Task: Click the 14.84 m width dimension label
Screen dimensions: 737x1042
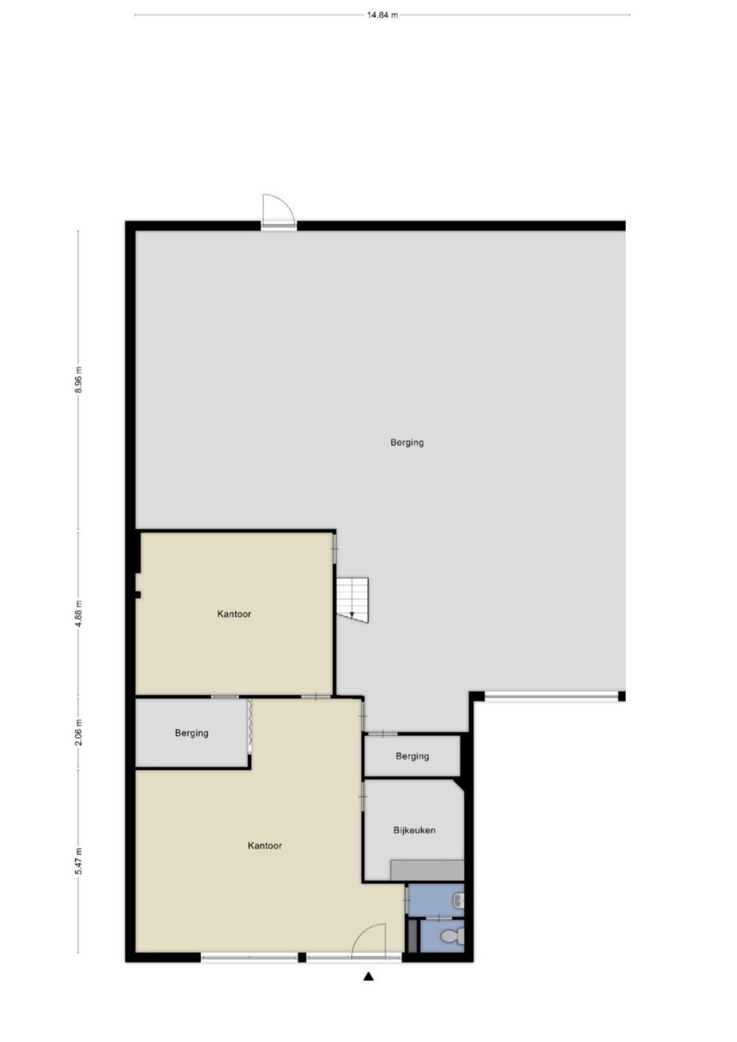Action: coord(382,15)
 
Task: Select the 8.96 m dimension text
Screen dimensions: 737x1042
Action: coord(79,381)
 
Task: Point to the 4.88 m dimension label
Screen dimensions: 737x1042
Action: coord(79,614)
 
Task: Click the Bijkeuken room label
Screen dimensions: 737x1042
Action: coord(414,830)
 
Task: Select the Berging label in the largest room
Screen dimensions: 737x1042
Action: coord(407,443)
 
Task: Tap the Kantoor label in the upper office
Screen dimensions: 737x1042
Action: coord(234,614)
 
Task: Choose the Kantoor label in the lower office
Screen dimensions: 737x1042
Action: coord(265,846)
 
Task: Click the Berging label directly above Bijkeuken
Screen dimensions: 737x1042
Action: coord(412,756)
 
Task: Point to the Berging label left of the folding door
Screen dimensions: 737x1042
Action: coord(192,733)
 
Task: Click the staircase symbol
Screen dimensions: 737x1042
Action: coord(352,600)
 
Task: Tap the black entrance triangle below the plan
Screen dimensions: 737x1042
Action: coord(368,976)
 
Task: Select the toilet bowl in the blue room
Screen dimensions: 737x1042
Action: coord(451,937)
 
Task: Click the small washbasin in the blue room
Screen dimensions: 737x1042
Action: coord(459,900)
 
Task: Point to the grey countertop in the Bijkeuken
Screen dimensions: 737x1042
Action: coord(427,870)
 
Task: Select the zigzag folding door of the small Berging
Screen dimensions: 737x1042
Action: coord(250,725)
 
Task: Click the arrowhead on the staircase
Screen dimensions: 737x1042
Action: coord(352,614)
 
